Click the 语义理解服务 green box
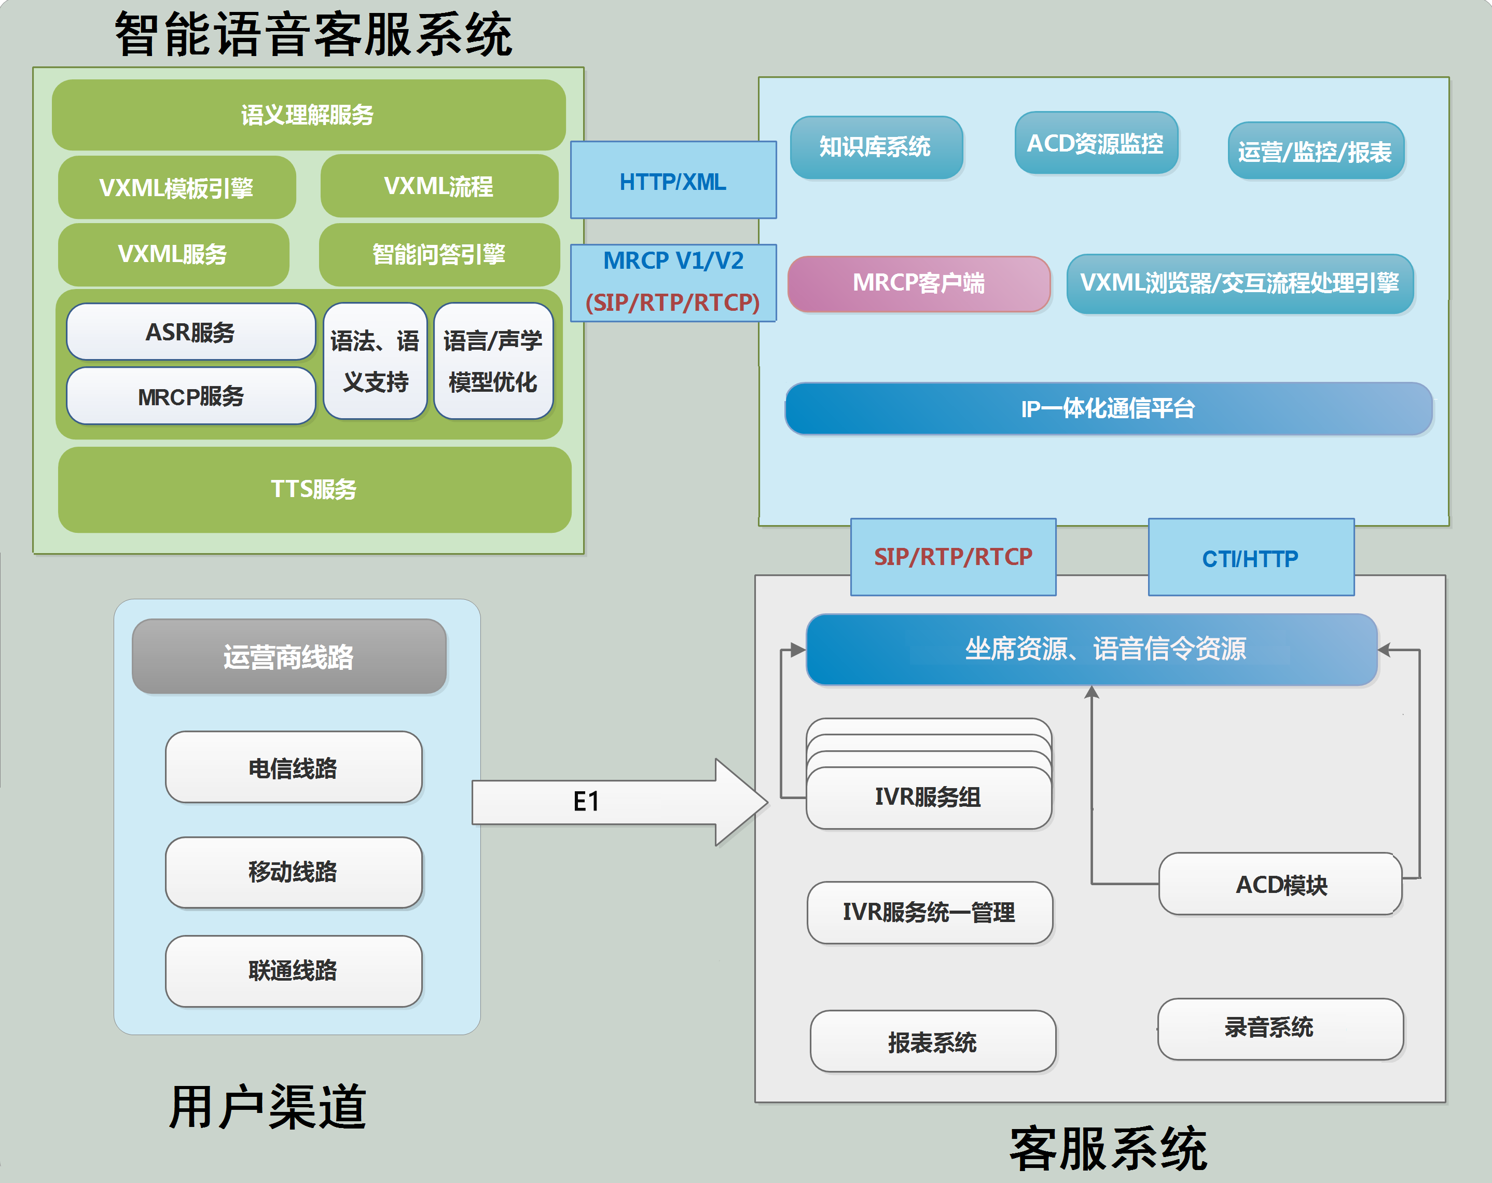point(308,115)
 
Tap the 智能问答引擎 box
point(439,255)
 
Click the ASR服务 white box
point(190,332)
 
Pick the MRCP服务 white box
point(190,396)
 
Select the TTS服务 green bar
point(314,489)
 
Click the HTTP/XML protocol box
point(673,182)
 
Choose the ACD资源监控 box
point(1096,144)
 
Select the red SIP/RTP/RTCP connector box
point(953,557)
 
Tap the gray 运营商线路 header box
point(288,657)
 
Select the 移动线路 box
point(294,872)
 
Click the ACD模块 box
point(1280,885)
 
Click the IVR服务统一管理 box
point(929,912)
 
